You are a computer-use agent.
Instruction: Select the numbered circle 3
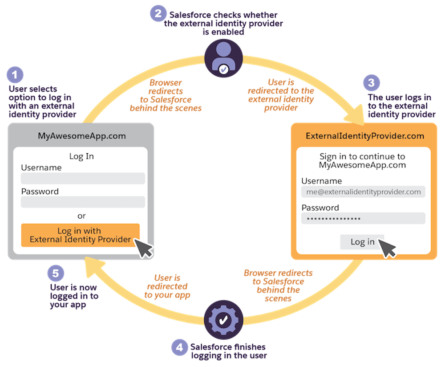click(x=372, y=82)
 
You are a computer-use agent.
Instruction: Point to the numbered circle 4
click(x=179, y=347)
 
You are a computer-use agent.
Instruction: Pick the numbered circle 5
click(x=56, y=273)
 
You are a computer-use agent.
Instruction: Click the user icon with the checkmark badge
click(x=224, y=58)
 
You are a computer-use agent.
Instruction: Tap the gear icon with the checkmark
click(x=223, y=320)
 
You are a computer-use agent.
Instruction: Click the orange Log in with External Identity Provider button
click(x=81, y=235)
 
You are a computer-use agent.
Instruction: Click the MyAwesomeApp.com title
click(x=81, y=136)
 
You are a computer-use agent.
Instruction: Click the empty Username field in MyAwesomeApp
click(x=83, y=179)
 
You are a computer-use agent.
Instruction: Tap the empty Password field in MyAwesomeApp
click(x=83, y=202)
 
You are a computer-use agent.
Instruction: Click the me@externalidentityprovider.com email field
click(x=363, y=192)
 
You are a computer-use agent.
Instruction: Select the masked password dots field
click(x=363, y=219)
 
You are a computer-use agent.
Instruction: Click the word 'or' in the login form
click(x=81, y=216)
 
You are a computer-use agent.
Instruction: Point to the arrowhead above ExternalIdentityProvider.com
click(x=359, y=115)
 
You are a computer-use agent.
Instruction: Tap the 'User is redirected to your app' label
click(x=168, y=286)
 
